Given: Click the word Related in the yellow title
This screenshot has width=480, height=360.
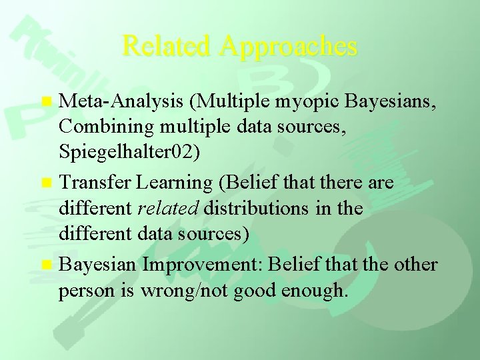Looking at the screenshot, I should coord(167,46).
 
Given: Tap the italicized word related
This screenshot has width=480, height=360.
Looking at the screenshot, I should coord(169,209).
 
